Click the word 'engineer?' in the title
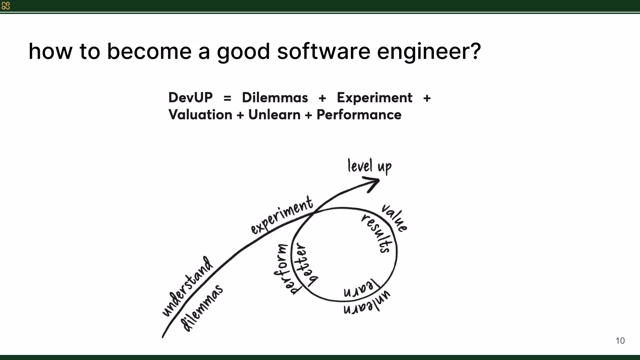pos(429,52)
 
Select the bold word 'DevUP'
pos(191,97)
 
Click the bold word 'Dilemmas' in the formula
pos(275,97)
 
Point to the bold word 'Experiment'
pos(374,98)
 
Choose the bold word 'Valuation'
pos(200,115)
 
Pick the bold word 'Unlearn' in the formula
pos(274,115)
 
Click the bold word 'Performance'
pos(359,115)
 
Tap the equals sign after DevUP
pos(227,98)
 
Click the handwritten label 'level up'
pos(369,166)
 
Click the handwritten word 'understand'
pos(188,286)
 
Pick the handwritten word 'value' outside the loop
pos(394,218)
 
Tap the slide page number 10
pos(620,341)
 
